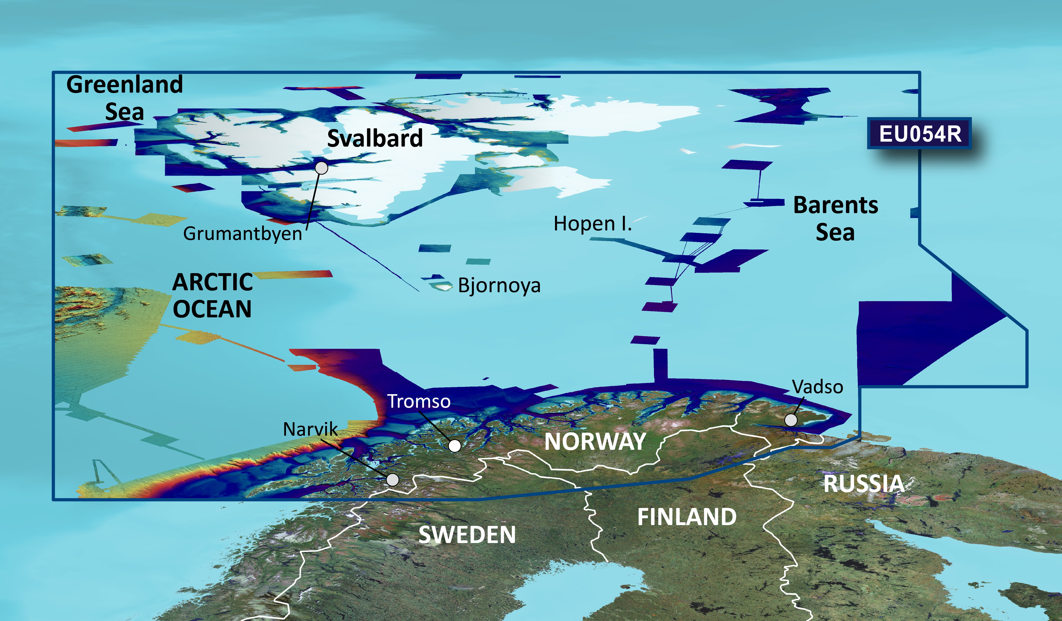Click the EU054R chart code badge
coord(920,134)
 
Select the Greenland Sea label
coord(125,98)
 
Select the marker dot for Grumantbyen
coord(322,168)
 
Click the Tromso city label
coord(419,401)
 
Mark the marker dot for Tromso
coord(454,446)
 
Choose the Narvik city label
coord(310,429)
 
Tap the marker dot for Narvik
coord(392,479)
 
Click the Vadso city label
coord(818,387)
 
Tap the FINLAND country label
coord(687,517)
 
